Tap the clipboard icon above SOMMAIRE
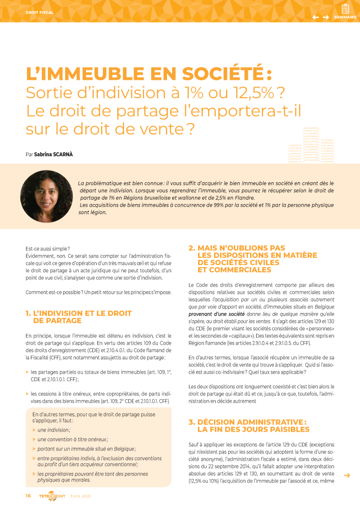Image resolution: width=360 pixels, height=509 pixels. (345, 9)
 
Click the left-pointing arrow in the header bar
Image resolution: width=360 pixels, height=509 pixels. (316, 17)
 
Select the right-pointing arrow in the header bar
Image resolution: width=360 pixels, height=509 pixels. (326, 17)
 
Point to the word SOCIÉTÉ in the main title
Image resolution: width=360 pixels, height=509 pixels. (211, 74)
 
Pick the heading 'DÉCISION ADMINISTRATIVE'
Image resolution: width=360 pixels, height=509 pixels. (251, 422)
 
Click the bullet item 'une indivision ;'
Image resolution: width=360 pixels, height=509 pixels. (54, 430)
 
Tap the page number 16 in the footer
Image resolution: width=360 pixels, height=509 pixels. (29, 496)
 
